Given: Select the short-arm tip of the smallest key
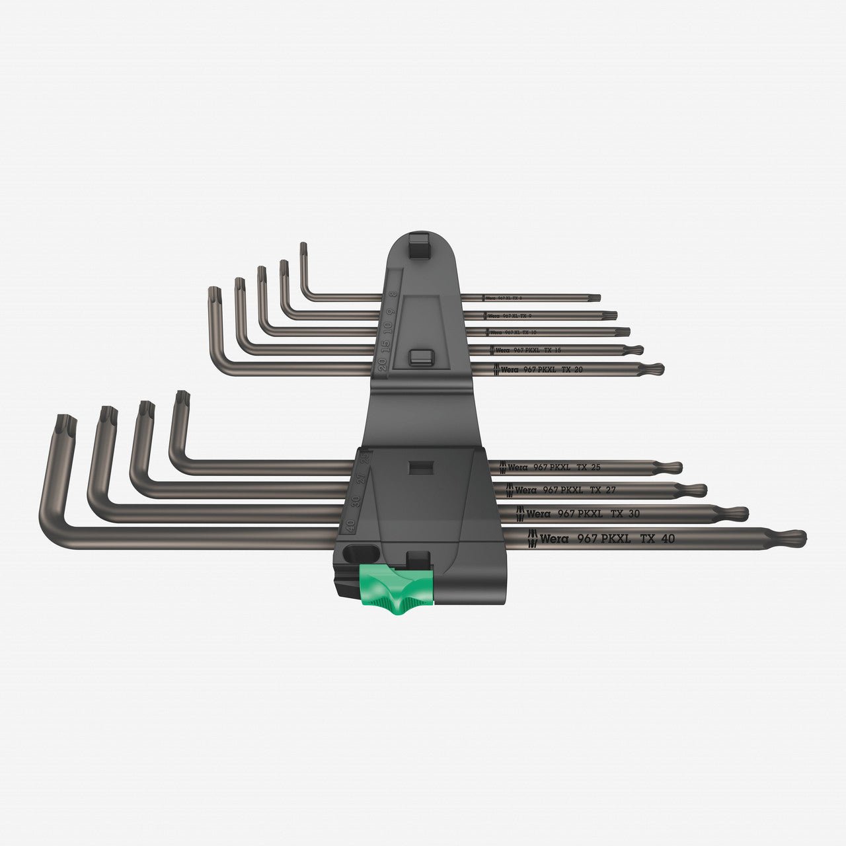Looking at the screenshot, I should pyautogui.click(x=303, y=248).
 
